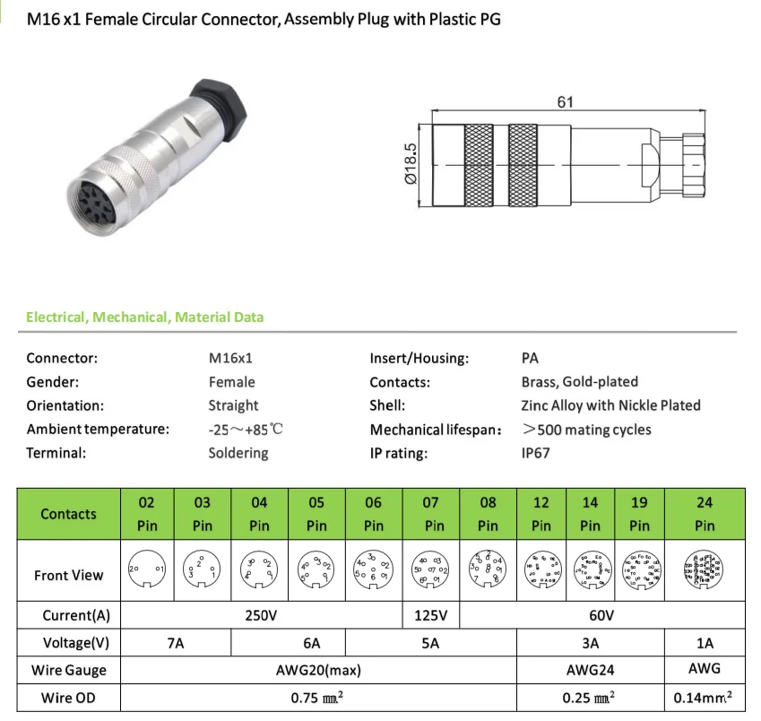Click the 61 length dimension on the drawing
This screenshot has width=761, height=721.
pos(564,102)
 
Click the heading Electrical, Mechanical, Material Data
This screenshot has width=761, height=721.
pos(144,317)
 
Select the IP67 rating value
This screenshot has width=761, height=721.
pos(535,453)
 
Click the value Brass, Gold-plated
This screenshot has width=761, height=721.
pos(579,382)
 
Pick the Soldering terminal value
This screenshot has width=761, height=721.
pos(238,453)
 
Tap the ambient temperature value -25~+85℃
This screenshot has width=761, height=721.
pos(246,430)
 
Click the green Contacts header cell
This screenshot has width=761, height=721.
pos(68,514)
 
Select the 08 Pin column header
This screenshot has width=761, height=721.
pos(488,514)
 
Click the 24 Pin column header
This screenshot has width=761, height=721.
pos(705,514)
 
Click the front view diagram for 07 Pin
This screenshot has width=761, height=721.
pos(431,569)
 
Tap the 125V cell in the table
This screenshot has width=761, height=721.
pos(431,616)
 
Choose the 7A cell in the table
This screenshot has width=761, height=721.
pos(175,643)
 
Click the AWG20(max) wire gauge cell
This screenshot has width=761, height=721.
pos(317,670)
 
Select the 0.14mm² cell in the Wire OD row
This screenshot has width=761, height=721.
pos(705,697)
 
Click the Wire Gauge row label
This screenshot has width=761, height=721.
pos(68,670)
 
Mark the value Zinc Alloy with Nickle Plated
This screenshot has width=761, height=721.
pos(610,405)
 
